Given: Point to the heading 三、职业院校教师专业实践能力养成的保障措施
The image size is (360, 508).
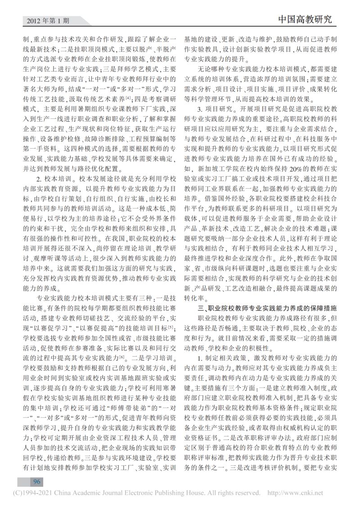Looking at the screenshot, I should click(x=270, y=308).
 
